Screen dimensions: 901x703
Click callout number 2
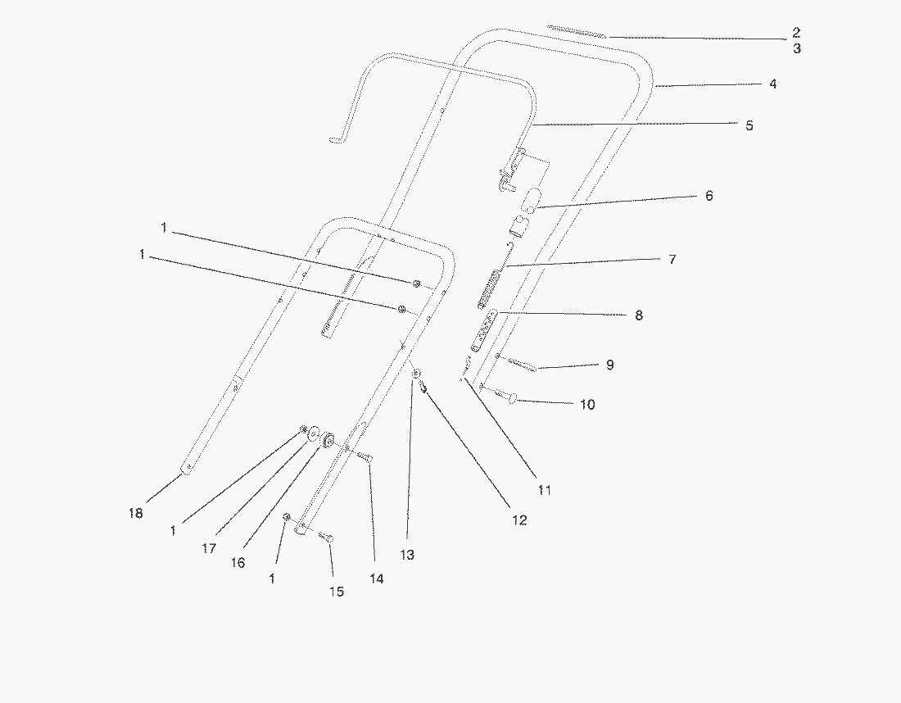[795, 34]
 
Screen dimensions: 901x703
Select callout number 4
[772, 84]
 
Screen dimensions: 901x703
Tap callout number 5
[749, 125]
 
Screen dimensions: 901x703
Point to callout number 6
[709, 196]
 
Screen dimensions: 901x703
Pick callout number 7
[672, 259]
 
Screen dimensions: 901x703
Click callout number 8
[639, 315]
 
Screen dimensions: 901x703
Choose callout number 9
[609, 365]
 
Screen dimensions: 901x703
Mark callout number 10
[587, 404]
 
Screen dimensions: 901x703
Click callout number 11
[545, 490]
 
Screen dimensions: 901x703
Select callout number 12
[519, 519]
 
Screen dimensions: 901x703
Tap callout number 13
[407, 555]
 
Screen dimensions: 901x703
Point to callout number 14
[376, 578]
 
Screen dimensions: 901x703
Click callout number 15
[337, 591]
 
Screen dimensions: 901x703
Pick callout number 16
[238, 563]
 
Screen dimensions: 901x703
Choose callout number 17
[209, 548]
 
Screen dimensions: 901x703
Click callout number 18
[135, 513]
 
